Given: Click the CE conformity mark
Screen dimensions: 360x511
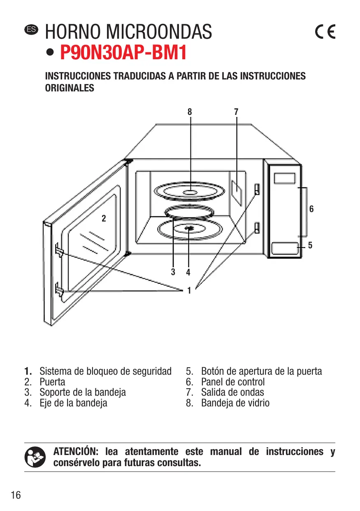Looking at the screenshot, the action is [325, 32].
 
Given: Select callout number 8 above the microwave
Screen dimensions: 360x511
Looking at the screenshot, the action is [190, 112].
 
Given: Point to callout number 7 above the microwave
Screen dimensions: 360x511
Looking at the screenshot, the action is [236, 112].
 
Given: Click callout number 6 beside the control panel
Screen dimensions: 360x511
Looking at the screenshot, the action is [311, 209].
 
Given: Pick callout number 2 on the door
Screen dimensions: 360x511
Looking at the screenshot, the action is [104, 219].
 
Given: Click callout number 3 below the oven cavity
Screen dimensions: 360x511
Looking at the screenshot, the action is [173, 272].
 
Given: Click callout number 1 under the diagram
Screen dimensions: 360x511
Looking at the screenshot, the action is [189, 291].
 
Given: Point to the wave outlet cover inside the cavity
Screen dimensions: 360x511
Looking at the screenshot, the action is [237, 191].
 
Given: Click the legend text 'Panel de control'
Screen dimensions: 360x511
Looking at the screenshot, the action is [233, 382].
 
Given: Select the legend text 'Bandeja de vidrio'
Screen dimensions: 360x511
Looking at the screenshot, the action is [235, 403].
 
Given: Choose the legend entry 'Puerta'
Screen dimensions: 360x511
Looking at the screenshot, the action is [52, 382].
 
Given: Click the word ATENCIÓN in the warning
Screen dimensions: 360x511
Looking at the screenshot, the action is [77, 452].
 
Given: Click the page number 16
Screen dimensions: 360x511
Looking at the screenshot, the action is [16, 495].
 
